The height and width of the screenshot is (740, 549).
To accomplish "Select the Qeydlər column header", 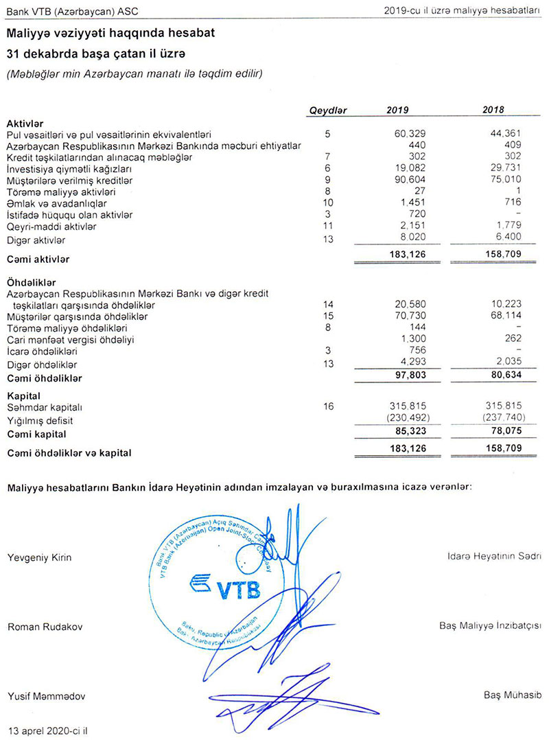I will coord(329,110).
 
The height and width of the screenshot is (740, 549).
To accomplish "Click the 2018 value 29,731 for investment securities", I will coord(504,169).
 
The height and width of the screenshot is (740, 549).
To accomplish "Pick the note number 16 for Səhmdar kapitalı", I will coord(328,407).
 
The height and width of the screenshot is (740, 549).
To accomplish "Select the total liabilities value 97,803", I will coord(405,378).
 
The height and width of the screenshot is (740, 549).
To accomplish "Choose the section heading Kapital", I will coord(23,396).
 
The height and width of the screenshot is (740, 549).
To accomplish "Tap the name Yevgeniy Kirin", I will coord(39,557).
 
